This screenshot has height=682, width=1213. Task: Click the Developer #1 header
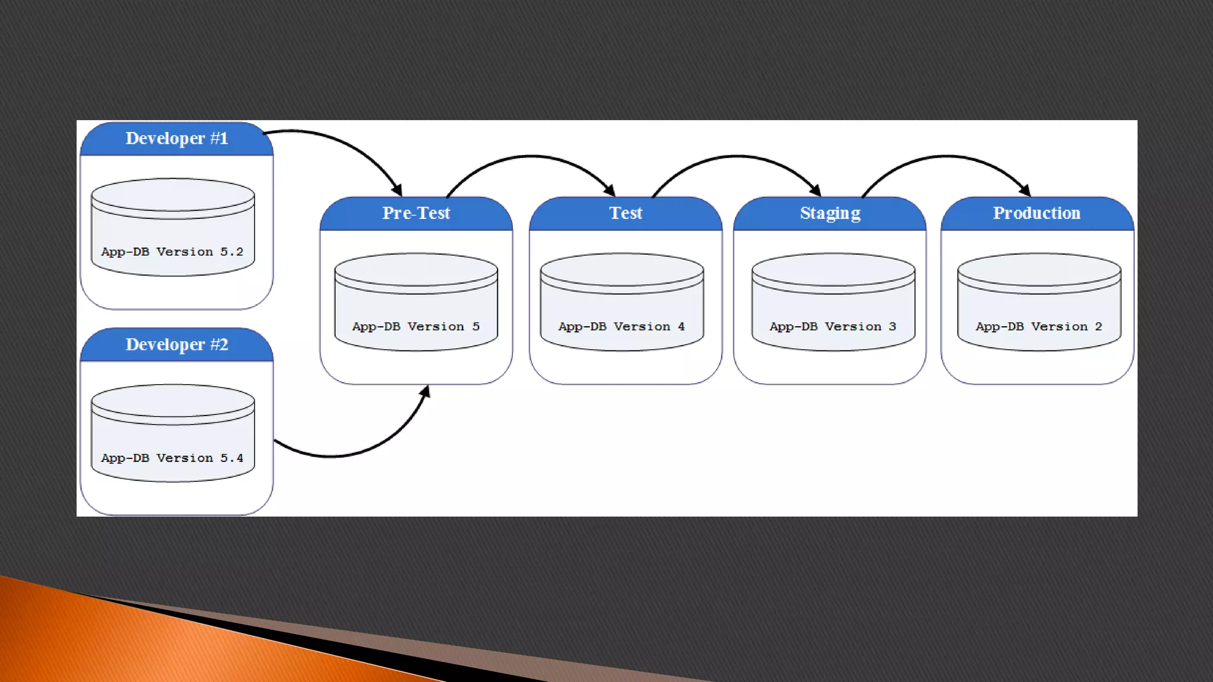pyautogui.click(x=177, y=139)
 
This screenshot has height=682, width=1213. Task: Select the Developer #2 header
pyautogui.click(x=177, y=345)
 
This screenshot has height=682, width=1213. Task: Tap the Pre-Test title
pyautogui.click(x=416, y=213)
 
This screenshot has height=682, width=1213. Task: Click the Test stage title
pyautogui.click(x=625, y=213)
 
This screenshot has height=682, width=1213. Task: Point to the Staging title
pyautogui.click(x=830, y=213)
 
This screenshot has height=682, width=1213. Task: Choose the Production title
pyautogui.click(x=1036, y=213)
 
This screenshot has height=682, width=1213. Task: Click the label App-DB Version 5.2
pyautogui.click(x=172, y=252)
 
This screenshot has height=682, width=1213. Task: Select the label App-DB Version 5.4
pyautogui.click(x=172, y=458)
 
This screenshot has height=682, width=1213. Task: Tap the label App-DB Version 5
pyautogui.click(x=416, y=327)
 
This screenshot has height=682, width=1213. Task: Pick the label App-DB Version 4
pyautogui.click(x=621, y=327)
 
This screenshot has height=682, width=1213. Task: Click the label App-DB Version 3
pyautogui.click(x=833, y=327)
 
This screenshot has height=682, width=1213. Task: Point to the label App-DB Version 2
pyautogui.click(x=1039, y=327)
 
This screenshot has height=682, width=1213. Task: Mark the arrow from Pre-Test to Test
pyautogui.click(x=531, y=157)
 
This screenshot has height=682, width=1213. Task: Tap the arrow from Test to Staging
pyautogui.click(x=736, y=157)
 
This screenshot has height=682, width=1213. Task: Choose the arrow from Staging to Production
pyautogui.click(x=946, y=157)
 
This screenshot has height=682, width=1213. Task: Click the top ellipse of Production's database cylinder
pyautogui.click(x=1039, y=270)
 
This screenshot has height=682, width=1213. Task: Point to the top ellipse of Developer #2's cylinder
pyautogui.click(x=172, y=401)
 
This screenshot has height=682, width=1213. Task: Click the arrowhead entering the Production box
pyautogui.click(x=1025, y=190)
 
